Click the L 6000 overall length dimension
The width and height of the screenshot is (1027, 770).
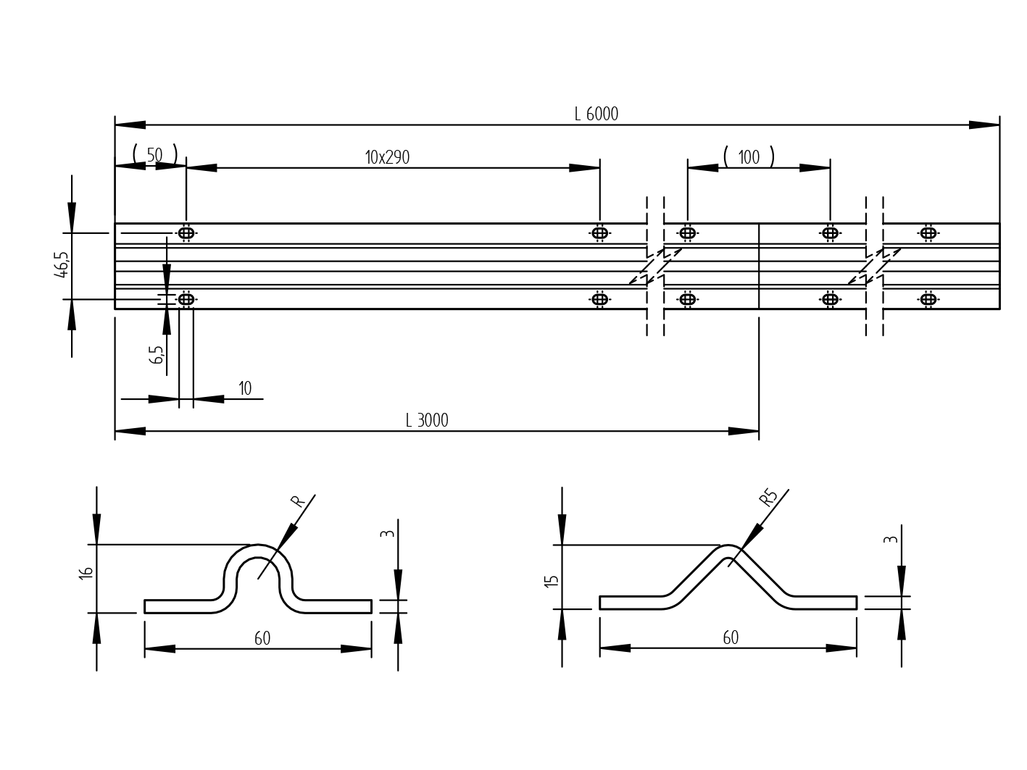[x=596, y=114]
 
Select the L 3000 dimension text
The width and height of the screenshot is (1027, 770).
[x=427, y=421]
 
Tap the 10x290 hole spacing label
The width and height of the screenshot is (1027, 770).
[x=387, y=157]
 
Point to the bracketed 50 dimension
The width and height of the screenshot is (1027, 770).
[x=154, y=155]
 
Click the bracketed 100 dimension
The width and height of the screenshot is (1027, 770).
[x=749, y=157]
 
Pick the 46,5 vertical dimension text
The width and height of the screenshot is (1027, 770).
[x=62, y=265]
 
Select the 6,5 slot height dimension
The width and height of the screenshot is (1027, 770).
[x=157, y=354]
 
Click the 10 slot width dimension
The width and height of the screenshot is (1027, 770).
[x=245, y=389]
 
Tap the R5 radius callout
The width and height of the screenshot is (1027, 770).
[x=768, y=498]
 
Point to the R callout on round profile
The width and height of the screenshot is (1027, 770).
[x=296, y=501]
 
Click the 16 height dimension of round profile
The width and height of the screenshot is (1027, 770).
[x=86, y=572]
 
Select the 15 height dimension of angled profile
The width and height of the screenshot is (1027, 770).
[x=552, y=580]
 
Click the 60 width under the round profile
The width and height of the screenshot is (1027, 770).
[x=262, y=639]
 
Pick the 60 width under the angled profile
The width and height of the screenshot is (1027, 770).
[x=731, y=638]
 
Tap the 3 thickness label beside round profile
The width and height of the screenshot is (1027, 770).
[x=388, y=534]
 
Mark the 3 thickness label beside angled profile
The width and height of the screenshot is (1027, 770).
[x=891, y=540]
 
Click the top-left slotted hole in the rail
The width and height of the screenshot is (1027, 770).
[x=186, y=233]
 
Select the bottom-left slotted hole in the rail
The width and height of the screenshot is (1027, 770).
[x=186, y=299]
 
